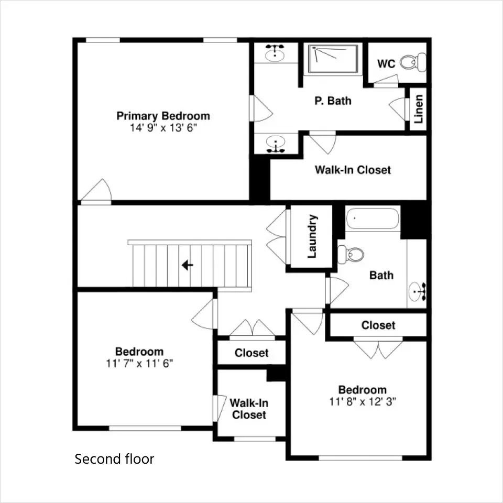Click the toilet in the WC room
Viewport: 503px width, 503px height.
tap(413, 62)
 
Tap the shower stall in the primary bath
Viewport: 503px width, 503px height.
tap(333, 59)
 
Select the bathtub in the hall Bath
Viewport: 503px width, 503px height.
tap(373, 218)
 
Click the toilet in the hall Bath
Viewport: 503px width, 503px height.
tap(351, 255)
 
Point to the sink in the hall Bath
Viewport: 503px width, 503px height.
tap(418, 292)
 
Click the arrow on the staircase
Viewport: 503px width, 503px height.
tap(188, 265)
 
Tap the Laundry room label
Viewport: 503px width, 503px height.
tap(312, 236)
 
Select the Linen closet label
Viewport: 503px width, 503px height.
tap(418, 109)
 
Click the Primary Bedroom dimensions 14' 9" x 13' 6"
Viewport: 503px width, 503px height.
tap(163, 128)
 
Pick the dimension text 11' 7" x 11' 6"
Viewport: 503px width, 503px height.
tap(139, 364)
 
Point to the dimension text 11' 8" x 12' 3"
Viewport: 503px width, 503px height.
tap(363, 402)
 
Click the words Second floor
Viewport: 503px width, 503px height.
tap(115, 459)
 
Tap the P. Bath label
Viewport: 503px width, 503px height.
tap(333, 101)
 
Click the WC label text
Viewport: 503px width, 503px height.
tap(386, 64)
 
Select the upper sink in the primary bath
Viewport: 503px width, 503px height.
tap(275, 53)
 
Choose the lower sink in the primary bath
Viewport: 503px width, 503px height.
tap(276, 144)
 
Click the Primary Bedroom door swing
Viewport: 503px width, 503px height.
tap(96, 192)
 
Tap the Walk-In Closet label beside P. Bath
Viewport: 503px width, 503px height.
tap(353, 170)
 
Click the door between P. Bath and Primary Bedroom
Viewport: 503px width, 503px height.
tap(261, 108)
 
